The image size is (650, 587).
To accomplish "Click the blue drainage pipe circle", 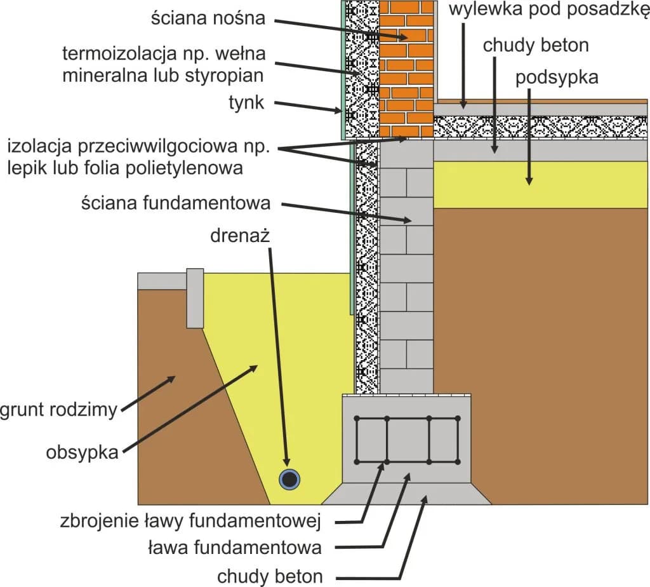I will click(x=290, y=480).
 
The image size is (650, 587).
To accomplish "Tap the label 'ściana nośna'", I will click(x=208, y=18).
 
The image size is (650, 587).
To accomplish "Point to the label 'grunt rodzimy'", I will click(x=58, y=410).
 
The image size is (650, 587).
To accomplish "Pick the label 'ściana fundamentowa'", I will click(x=176, y=203).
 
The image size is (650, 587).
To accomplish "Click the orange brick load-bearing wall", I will click(x=407, y=70).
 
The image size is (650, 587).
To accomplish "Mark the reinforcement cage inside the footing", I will click(x=407, y=439).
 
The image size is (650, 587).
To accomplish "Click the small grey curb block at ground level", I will click(x=195, y=298).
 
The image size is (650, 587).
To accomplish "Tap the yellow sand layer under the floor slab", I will click(x=540, y=184).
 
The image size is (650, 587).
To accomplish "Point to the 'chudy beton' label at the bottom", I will click(x=270, y=576).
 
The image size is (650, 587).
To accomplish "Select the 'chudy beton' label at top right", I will click(x=536, y=46).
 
